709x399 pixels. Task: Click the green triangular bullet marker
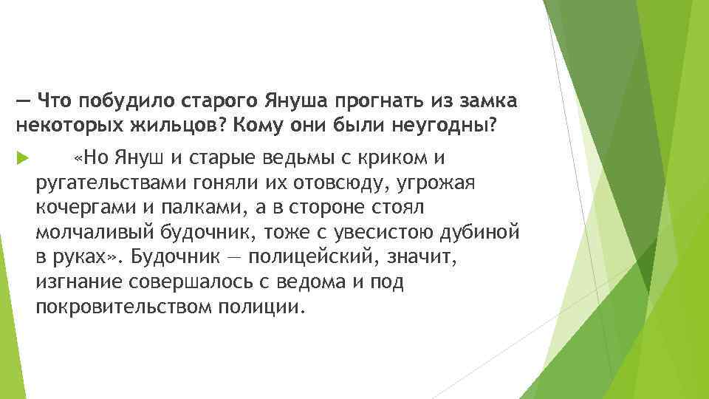pos(20,158)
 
